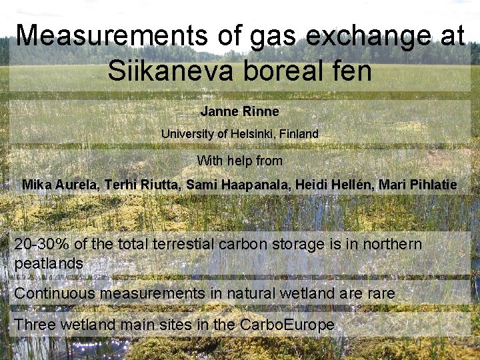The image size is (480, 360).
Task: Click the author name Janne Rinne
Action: pyautogui.click(x=239, y=111)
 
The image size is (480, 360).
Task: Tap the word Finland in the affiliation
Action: pyautogui.click(x=299, y=134)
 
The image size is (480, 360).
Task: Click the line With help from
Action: pyautogui.click(x=239, y=161)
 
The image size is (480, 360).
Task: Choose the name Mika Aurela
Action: pyautogui.click(x=60, y=185)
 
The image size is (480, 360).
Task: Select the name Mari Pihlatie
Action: pyautogui.click(x=417, y=185)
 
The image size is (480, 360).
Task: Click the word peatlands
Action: pyautogui.click(x=49, y=263)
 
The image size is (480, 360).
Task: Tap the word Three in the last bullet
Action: pyautogui.click(x=32, y=325)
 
